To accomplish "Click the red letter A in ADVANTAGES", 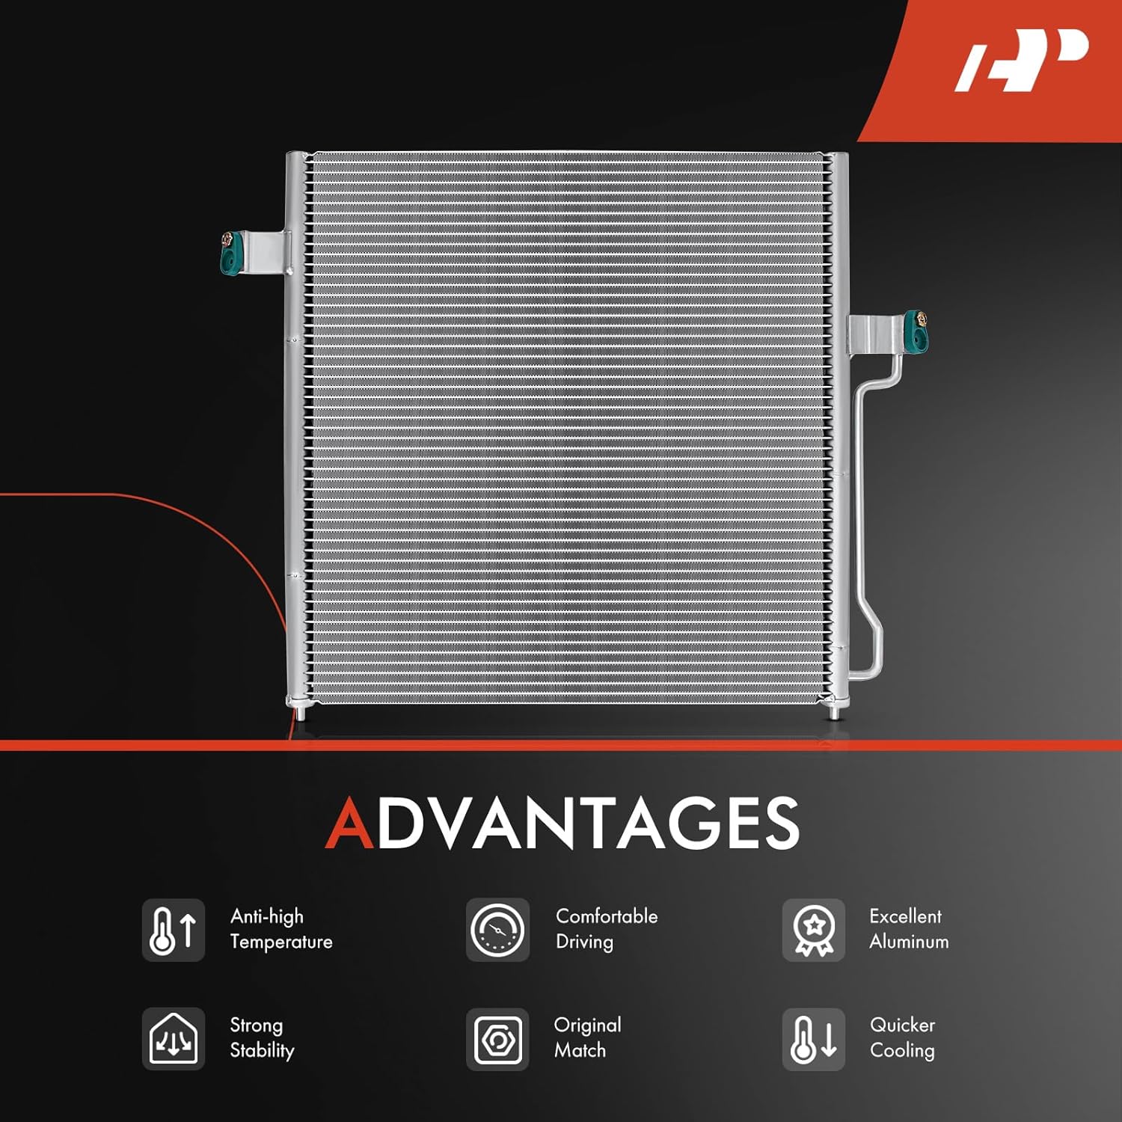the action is [349, 823].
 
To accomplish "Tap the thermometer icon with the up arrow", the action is [173, 931].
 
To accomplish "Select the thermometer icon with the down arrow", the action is [813, 1039].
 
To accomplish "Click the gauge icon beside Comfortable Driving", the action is [497, 931].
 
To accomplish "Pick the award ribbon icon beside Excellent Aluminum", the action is [813, 931].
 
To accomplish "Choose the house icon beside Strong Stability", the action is [173, 1039].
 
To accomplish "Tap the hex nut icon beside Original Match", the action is [497, 1039].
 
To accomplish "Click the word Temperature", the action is [281, 942].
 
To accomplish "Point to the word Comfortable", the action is [607, 916].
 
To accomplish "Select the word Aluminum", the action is [909, 942].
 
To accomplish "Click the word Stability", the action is [262, 1050].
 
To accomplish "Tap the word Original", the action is [587, 1025].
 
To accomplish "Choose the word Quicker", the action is [902, 1025].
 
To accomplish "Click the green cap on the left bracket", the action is [231, 253].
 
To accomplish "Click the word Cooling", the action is [902, 1050].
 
